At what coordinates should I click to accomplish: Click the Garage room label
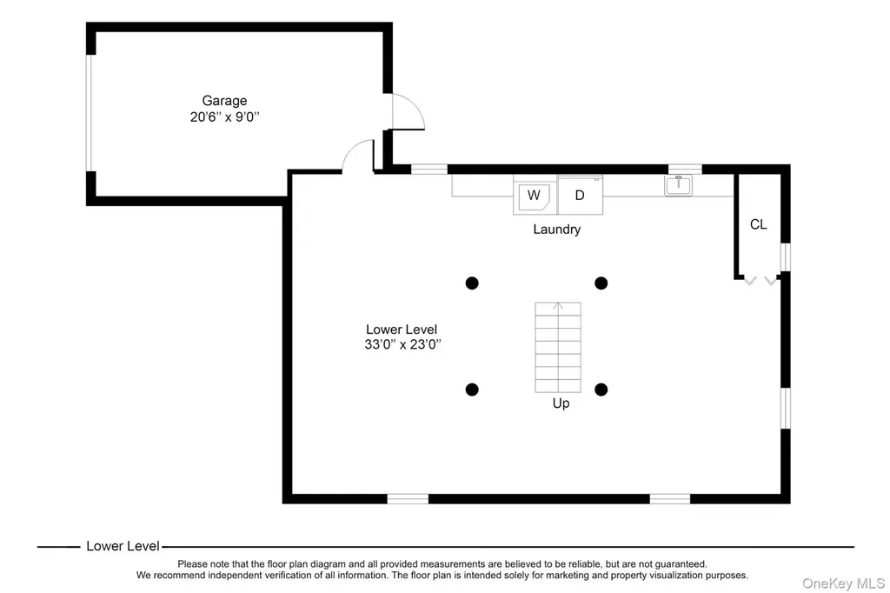(x=224, y=101)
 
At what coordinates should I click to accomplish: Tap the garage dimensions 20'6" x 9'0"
(x=225, y=117)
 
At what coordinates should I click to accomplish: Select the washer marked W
(x=535, y=196)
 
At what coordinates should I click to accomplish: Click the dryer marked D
(x=580, y=196)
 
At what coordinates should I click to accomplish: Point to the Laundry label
(x=557, y=230)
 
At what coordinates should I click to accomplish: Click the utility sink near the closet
(x=678, y=185)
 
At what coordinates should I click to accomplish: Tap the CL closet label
(x=758, y=224)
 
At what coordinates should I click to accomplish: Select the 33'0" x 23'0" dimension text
(x=402, y=345)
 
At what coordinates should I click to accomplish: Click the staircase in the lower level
(x=558, y=347)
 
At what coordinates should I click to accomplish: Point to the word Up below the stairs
(x=561, y=403)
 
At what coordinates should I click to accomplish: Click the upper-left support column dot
(x=472, y=283)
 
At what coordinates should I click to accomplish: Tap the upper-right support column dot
(x=601, y=283)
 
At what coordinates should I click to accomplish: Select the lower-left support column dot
(x=472, y=390)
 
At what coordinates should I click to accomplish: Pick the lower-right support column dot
(x=601, y=390)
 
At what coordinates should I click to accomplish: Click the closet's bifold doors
(x=760, y=281)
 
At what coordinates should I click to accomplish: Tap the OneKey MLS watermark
(x=843, y=583)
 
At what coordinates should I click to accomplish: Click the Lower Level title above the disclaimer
(x=123, y=546)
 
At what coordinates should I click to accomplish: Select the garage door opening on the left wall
(x=89, y=113)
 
